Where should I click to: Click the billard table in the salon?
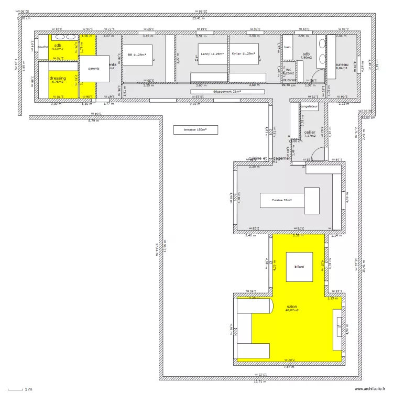pyautogui.click(x=299, y=267)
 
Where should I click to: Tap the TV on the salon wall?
pyautogui.click(x=339, y=327)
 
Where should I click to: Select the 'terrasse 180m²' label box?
pyautogui.click(x=195, y=130)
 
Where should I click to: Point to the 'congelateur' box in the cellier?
pyautogui.click(x=309, y=106)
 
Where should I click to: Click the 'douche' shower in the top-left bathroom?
pyautogui.click(x=43, y=47)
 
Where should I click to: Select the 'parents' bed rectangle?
pyautogui.click(x=94, y=68)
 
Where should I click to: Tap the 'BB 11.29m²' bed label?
pyautogui.click(x=137, y=54)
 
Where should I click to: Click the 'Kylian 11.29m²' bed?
pyautogui.click(x=244, y=53)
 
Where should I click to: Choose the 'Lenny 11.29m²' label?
pyautogui.click(x=212, y=53)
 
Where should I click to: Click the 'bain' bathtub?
pyautogui.click(x=287, y=47)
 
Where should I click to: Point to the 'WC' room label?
pyautogui.click(x=289, y=70)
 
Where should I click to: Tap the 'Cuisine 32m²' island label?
pyautogui.click(x=281, y=200)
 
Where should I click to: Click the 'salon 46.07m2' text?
pyautogui.click(x=292, y=308)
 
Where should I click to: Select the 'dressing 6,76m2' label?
pyautogui.click(x=58, y=80)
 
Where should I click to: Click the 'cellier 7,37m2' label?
pyautogui.click(x=310, y=134)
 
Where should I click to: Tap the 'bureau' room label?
pyautogui.click(x=342, y=65)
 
